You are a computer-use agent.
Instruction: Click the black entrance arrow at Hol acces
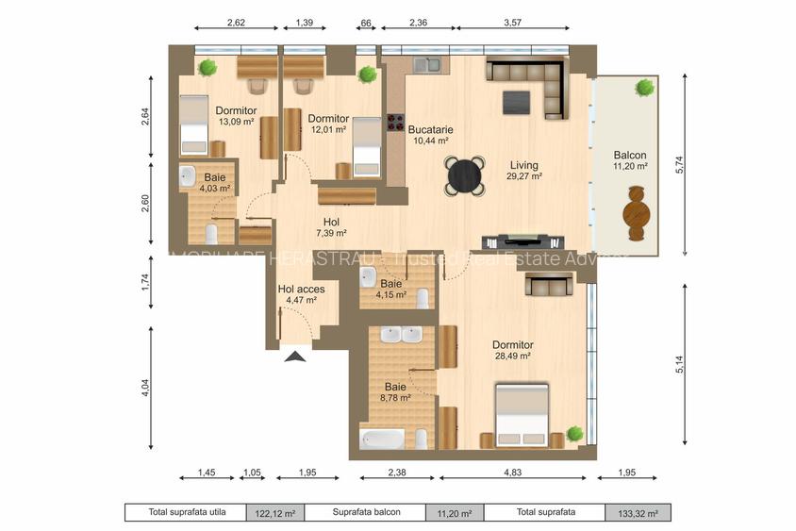point(296,356)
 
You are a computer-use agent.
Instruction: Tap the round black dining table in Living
point(465,174)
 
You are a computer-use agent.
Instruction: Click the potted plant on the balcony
point(645,89)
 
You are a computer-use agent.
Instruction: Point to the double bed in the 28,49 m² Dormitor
point(522,415)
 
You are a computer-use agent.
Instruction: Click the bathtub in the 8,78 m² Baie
point(382,440)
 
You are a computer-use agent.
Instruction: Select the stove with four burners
point(395,124)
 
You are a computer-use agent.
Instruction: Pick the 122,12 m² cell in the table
point(275,513)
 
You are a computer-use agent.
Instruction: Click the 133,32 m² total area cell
point(638,513)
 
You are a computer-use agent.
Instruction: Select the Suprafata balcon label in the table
point(365,513)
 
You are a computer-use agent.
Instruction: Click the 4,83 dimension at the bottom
point(514,473)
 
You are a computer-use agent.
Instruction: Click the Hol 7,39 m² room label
point(331,227)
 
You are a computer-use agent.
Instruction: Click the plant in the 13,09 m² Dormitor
point(207,67)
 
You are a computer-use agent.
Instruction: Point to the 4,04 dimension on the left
point(145,388)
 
